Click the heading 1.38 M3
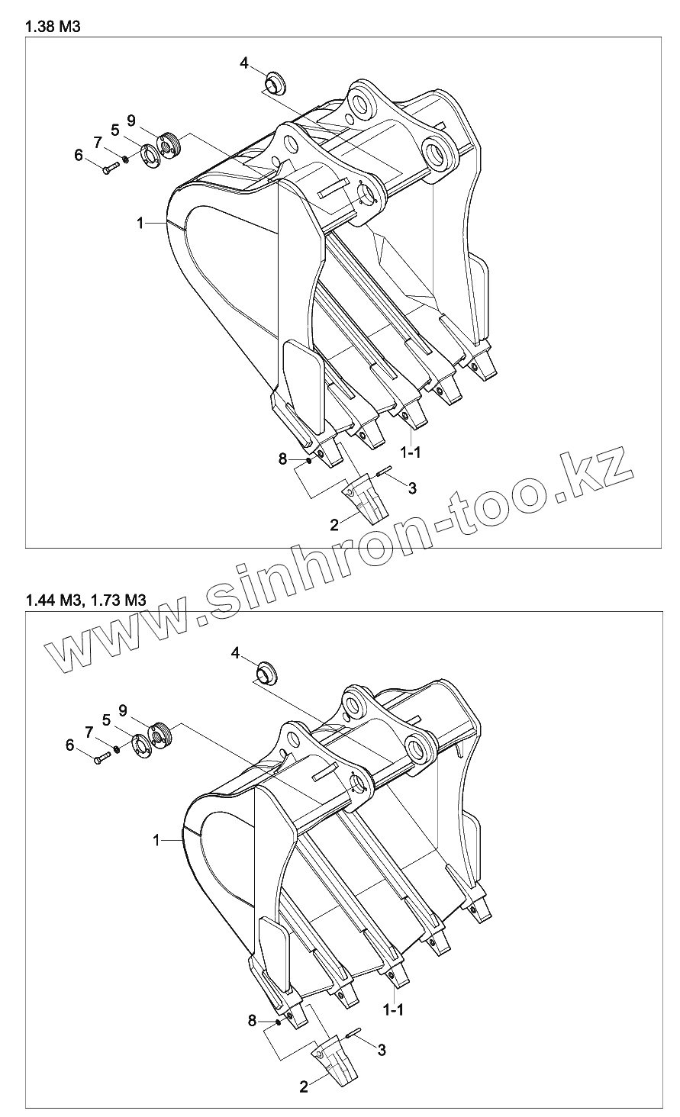53,27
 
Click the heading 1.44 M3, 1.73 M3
85,600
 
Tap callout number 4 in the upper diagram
244,63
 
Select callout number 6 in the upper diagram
79,155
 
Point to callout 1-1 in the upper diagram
412,452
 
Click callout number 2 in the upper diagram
334,524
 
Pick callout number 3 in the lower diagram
382,1050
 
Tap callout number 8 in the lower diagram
252,1019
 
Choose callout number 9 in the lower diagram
123,710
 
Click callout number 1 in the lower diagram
156,840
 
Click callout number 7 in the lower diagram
90,732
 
